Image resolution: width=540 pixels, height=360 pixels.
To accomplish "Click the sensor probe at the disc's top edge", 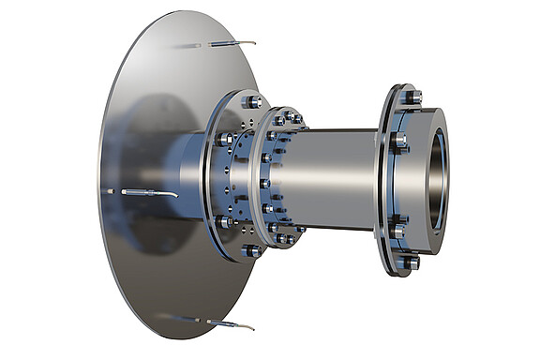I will coord(228,44).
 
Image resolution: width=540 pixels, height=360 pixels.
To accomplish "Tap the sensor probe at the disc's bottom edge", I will coord(228,324).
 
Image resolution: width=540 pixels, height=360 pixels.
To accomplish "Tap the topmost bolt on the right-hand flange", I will coord(409,96).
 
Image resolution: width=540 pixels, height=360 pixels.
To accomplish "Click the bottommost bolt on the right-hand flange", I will coord(410,263).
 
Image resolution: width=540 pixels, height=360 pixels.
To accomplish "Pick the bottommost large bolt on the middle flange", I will coord(251,251).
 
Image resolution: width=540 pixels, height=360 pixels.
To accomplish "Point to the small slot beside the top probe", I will coord(187,46).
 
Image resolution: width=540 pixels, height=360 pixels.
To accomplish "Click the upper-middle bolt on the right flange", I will coord(399,142).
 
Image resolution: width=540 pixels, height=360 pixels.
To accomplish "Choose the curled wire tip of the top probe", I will coord(250,43).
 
